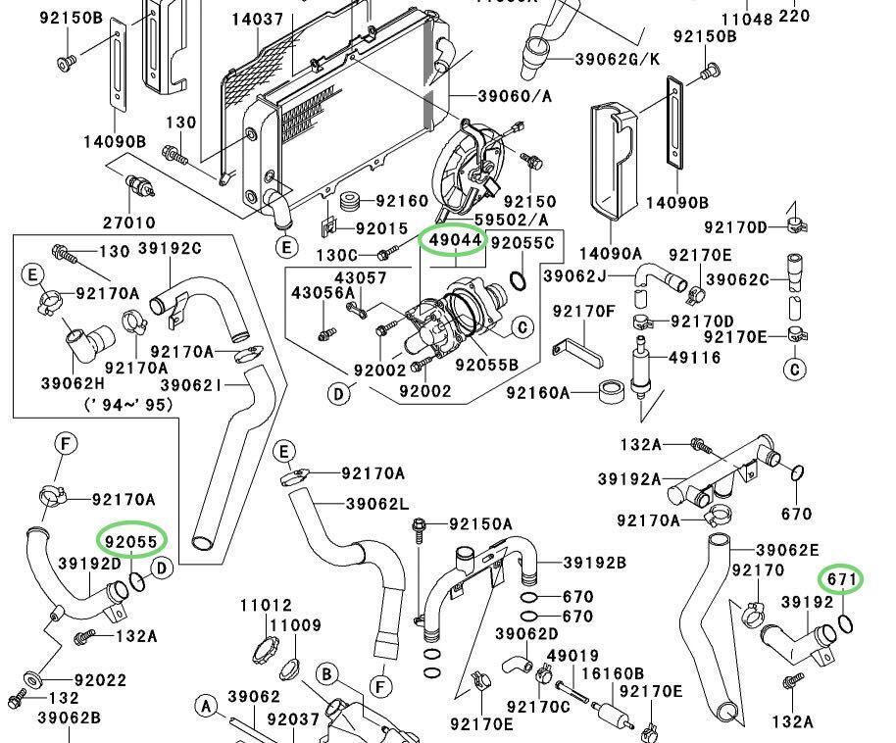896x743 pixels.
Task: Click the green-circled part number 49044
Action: [x=452, y=240]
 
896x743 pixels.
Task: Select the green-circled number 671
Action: [x=841, y=579]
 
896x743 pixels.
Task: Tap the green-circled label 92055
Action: [x=131, y=540]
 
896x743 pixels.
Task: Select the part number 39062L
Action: [x=376, y=504]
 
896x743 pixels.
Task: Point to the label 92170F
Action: [x=583, y=312]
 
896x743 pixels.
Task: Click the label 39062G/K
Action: [x=619, y=59]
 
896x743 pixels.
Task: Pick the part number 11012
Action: [x=266, y=606]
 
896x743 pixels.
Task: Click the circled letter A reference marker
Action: [x=205, y=705]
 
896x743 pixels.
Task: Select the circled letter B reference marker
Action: [x=327, y=673]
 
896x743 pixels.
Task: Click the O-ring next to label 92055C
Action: [x=520, y=281]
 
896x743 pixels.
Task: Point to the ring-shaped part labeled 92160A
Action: [x=614, y=394]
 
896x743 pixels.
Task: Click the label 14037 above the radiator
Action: [x=258, y=19]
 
